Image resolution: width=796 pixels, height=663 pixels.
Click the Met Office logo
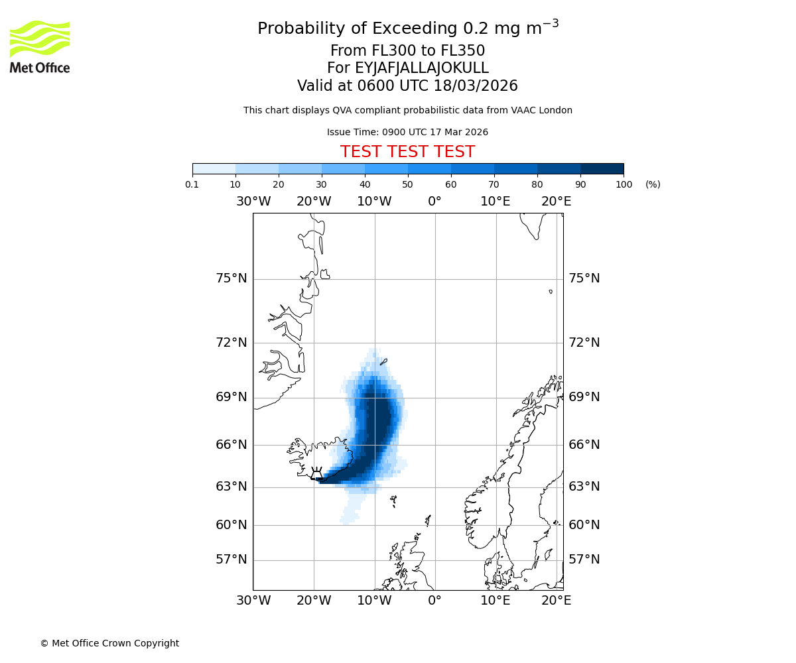[x=40, y=46]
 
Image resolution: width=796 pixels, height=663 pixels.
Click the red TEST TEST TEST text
[x=407, y=152]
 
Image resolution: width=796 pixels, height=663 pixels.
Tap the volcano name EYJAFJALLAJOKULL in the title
[x=423, y=68]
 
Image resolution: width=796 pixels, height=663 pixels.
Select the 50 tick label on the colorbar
[x=407, y=184]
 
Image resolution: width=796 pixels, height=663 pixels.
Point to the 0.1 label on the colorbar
[x=192, y=184]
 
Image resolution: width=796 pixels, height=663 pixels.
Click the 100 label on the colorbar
[x=624, y=184]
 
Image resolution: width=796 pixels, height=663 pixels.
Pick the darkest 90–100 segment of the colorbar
[x=602, y=168]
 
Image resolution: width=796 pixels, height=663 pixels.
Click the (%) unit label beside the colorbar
[x=653, y=184]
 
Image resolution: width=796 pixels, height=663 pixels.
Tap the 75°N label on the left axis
[x=232, y=278]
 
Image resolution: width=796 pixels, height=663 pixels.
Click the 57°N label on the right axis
[x=584, y=560]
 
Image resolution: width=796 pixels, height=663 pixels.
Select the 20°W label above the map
[x=314, y=201]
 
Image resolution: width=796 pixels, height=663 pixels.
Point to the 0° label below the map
[x=434, y=601]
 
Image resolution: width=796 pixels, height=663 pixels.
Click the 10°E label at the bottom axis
[x=496, y=601]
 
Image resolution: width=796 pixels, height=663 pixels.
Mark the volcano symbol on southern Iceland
[x=316, y=473]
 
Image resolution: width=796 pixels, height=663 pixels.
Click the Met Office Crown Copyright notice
[x=109, y=643]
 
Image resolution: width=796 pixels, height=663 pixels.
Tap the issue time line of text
[x=407, y=132]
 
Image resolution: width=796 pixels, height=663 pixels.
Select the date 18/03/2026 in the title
[x=476, y=86]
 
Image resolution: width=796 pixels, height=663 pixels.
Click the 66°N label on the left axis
[x=232, y=445]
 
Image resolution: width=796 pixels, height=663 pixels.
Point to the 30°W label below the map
[x=253, y=601]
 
